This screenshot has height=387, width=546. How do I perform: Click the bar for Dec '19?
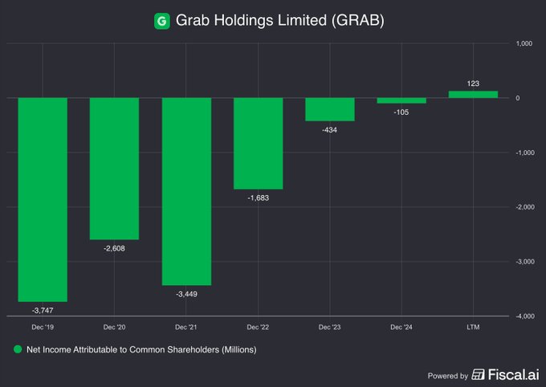click(43, 199)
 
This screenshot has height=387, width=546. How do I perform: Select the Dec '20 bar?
click(114, 169)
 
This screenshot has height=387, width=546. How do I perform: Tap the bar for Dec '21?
click(186, 191)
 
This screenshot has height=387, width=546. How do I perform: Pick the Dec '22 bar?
click(258, 143)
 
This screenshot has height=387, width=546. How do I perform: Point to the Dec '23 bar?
click(329, 109)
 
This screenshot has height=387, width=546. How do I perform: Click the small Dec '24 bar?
click(401, 100)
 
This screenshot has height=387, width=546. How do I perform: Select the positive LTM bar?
click(473, 94)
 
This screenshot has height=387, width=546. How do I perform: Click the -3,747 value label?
click(43, 309)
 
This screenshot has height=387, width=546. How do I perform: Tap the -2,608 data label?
click(114, 248)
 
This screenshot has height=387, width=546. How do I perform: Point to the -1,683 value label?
click(258, 198)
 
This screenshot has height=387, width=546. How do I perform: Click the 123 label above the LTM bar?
click(473, 83)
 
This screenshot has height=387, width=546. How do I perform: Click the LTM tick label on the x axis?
click(473, 328)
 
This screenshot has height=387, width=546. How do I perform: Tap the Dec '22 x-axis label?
click(258, 328)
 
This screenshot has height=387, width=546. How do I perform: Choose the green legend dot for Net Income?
click(17, 350)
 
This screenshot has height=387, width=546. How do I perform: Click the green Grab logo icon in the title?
click(161, 20)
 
